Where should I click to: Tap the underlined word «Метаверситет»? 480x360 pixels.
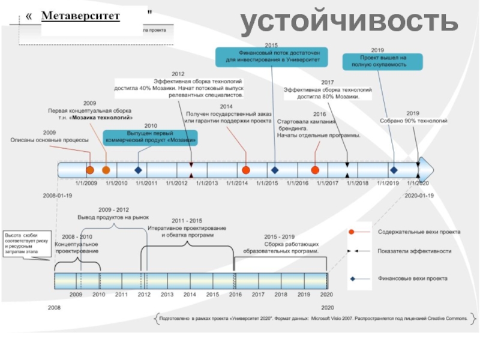point(80,15)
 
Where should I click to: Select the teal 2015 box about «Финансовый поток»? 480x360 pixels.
point(272,57)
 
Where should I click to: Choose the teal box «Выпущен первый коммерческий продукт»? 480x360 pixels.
point(150,137)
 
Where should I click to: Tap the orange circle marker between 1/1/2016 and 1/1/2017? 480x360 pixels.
point(316,170)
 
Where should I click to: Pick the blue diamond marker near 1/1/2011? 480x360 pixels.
point(139,170)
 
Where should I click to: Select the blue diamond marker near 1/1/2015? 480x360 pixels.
point(274,170)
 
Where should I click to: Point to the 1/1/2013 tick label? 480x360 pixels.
point(207,183)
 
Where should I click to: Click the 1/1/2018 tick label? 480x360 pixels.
point(358,183)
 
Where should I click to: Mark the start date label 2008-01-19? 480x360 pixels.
point(57,196)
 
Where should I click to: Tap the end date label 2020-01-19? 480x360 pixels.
point(419,196)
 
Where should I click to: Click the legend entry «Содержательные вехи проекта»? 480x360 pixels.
point(419,232)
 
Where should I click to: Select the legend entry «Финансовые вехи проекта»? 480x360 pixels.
point(413,279)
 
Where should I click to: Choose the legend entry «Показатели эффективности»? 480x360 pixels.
point(414,251)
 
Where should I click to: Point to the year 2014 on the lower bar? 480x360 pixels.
point(190,295)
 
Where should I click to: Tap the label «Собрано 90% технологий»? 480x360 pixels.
point(413,121)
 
